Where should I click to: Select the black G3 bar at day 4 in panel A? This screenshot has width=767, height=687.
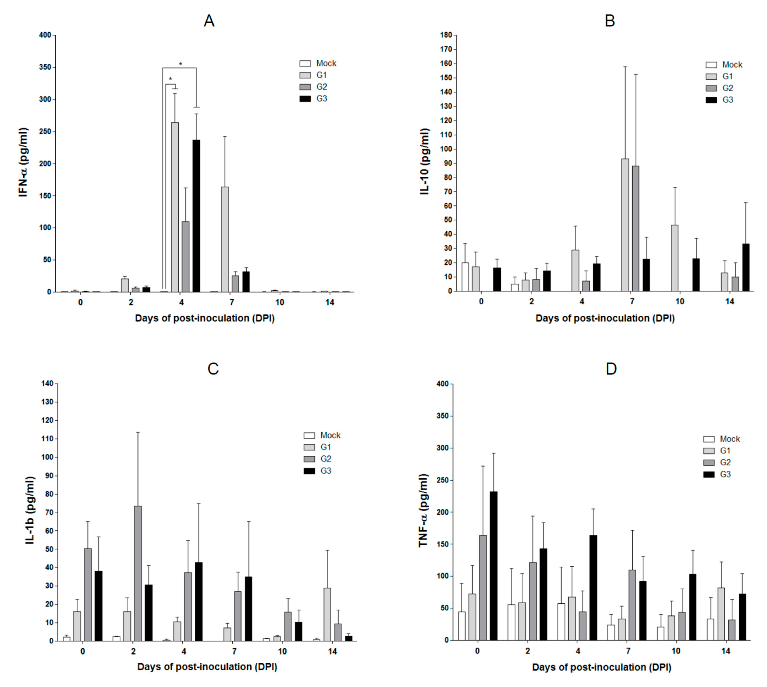click(196, 215)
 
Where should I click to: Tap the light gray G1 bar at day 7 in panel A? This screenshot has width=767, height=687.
click(225, 239)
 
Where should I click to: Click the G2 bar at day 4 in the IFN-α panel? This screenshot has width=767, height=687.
click(186, 257)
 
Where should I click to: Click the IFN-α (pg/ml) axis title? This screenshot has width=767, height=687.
click(23, 163)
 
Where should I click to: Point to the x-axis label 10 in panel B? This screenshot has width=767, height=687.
click(680, 302)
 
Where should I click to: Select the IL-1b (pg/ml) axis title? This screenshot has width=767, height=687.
click(30, 510)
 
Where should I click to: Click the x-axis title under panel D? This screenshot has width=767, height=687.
click(601, 667)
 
